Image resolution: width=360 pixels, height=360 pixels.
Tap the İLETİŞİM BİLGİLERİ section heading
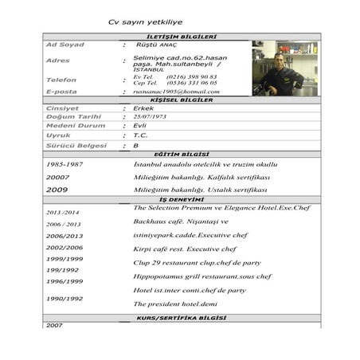[x=182, y=37]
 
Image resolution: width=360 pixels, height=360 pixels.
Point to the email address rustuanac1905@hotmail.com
[x=176, y=92]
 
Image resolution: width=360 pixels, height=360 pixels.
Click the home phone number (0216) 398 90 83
[x=191, y=76]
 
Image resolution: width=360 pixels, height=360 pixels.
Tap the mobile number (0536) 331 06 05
[x=191, y=83]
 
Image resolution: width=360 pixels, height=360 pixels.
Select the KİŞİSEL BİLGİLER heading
[x=182, y=100]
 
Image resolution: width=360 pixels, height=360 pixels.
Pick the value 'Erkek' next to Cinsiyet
[x=144, y=108]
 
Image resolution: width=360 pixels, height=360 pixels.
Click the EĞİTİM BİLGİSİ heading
[x=182, y=154]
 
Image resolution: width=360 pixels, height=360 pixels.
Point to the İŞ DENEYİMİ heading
[x=182, y=199]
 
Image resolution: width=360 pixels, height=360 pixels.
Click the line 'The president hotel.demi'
[x=175, y=304]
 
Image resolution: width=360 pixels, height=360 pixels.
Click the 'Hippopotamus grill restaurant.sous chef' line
[x=202, y=276]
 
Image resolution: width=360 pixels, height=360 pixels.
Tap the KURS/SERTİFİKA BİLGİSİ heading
[x=182, y=318]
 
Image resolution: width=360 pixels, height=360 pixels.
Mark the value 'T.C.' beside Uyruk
[x=141, y=135]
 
